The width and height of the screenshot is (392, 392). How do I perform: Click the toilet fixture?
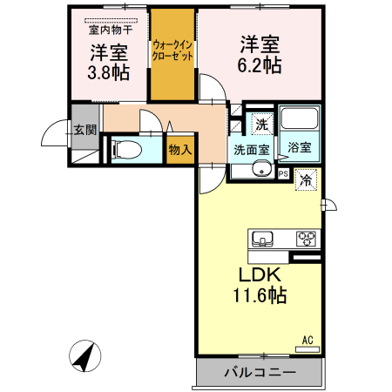tap(127, 150)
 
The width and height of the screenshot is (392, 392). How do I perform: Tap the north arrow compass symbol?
tap(85, 356)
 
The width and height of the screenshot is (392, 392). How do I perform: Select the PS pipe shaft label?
tap(283, 174)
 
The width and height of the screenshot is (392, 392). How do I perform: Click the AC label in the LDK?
tap(308, 340)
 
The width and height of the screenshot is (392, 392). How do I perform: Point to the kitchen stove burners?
tap(306, 239)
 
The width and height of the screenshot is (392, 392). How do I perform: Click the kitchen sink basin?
tap(262, 239)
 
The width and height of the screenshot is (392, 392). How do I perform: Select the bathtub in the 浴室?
tap(299, 118)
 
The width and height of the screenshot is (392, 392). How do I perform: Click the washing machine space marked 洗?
tap(262, 124)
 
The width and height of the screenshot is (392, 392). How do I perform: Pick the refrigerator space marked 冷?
tap(306, 180)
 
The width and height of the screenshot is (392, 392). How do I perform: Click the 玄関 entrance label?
tap(85, 130)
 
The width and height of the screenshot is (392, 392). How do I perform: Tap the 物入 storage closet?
tap(180, 150)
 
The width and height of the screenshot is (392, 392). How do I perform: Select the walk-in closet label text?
tap(172, 51)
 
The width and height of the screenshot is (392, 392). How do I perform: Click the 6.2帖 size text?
tap(260, 65)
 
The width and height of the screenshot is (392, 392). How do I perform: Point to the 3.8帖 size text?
tap(109, 72)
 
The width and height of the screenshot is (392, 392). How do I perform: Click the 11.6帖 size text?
tap(260, 295)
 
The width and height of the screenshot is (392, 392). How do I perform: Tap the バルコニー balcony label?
tap(260, 372)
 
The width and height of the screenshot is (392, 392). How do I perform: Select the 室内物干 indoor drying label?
tap(111, 30)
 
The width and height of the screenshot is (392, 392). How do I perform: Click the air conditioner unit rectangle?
tap(308, 349)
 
